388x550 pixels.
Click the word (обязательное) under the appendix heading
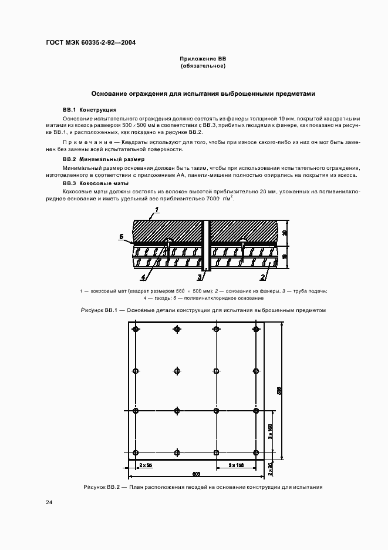(x=203, y=66)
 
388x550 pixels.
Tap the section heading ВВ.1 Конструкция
(x=89, y=110)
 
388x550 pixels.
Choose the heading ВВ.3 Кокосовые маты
(x=97, y=183)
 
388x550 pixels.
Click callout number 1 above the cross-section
(x=157, y=209)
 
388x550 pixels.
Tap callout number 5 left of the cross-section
(x=120, y=237)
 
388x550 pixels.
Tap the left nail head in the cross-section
(x=168, y=240)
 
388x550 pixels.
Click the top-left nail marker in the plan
(x=136, y=329)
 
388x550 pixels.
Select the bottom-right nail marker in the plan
(x=257, y=452)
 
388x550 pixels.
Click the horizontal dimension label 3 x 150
(x=236, y=465)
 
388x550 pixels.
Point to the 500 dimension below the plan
(x=195, y=474)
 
